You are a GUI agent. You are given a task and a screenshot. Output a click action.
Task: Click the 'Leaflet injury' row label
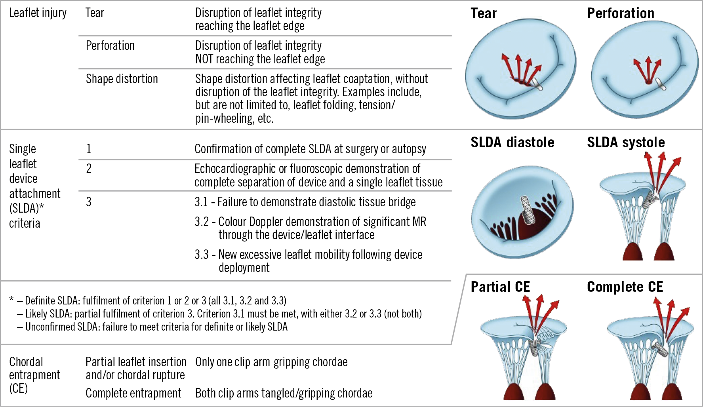(38, 13)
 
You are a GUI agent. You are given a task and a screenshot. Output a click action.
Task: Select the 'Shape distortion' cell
(122, 79)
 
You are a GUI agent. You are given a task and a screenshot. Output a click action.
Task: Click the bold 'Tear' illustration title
(483, 13)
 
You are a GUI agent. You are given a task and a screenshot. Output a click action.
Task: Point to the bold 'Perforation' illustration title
(620, 13)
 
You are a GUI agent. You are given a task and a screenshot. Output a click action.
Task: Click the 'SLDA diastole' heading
(512, 142)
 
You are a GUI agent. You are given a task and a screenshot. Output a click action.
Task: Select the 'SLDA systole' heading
(625, 142)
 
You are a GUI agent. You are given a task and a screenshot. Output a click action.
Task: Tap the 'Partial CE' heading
(500, 287)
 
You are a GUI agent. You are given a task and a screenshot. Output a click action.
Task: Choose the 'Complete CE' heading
(625, 287)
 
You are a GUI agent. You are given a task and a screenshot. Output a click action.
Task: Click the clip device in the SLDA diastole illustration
(527, 210)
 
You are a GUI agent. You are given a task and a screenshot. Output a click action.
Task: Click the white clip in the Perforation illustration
(661, 84)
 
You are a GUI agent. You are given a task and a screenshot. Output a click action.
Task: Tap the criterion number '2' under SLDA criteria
(89, 169)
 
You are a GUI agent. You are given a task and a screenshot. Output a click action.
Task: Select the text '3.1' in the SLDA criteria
(201, 202)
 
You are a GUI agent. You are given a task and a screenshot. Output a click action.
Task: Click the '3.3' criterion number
(201, 255)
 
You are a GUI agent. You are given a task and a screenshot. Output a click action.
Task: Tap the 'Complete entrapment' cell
(133, 393)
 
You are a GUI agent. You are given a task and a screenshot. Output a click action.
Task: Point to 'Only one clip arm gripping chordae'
(271, 362)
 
